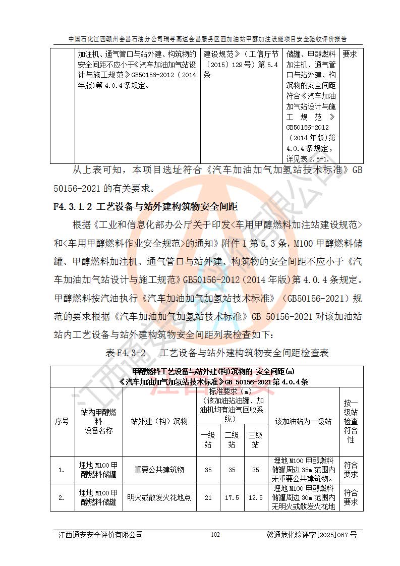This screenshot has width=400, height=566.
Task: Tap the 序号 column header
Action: pos(62,421)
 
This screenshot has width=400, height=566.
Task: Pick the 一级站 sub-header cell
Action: pos(207,439)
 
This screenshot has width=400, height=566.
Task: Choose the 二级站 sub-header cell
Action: pos(232,439)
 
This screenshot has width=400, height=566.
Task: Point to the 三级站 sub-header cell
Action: pos(256,439)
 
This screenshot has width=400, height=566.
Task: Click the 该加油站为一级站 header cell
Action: pos(303,421)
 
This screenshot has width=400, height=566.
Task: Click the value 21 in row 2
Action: pos(207,497)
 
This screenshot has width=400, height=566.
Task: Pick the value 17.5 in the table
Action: pos(232,497)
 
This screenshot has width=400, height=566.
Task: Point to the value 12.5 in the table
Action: pos(256,497)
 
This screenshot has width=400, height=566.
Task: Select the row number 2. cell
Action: pos(62,497)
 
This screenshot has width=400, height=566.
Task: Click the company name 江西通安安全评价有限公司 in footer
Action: pos(100,535)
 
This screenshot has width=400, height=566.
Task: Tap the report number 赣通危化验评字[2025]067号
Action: pos(311,535)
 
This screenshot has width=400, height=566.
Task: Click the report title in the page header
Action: pos(207,38)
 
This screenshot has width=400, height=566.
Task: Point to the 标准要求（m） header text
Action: pos(231,391)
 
